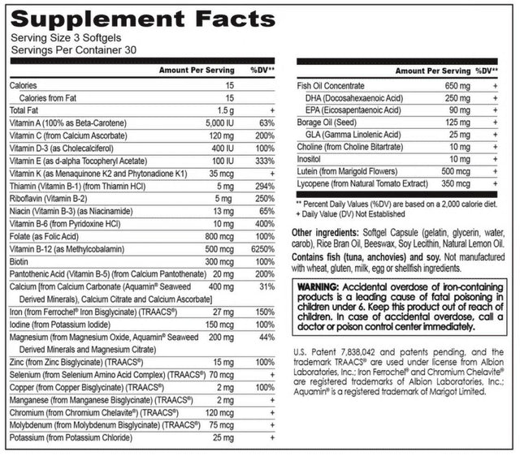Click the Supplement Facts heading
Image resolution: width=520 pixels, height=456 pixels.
[142, 19]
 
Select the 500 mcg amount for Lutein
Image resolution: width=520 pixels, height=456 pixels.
[439, 172]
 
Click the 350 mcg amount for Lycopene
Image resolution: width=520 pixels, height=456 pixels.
[439, 184]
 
